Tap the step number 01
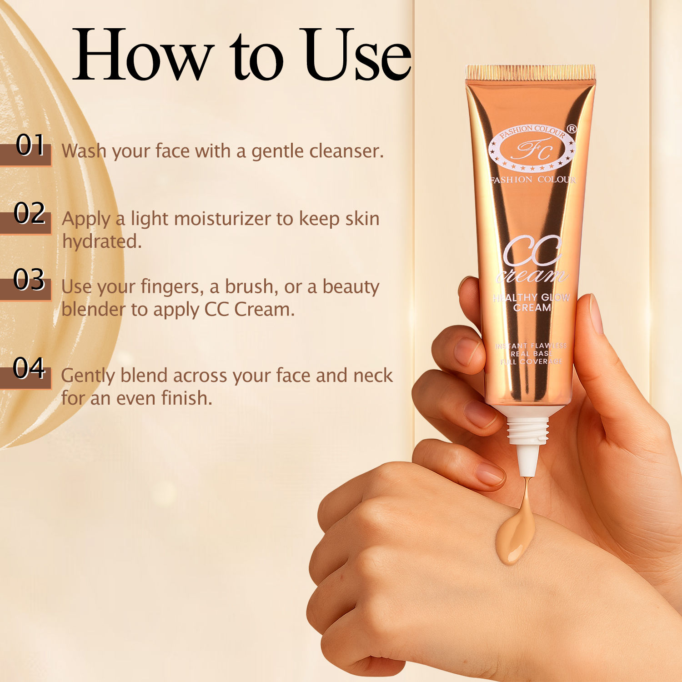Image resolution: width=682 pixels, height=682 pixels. coord(30,145)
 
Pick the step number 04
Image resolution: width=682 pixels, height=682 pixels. coord(29,368)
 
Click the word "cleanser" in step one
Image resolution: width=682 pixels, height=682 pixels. coord(346,151)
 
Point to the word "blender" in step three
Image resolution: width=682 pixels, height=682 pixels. coord(93,310)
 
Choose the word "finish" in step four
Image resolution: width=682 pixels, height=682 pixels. coord(186,398)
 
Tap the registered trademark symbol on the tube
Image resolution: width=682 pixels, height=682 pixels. coord(572,129)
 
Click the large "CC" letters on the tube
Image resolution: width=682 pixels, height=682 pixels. coord(532,251)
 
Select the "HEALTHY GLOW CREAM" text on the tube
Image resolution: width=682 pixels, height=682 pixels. coord(532,302)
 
